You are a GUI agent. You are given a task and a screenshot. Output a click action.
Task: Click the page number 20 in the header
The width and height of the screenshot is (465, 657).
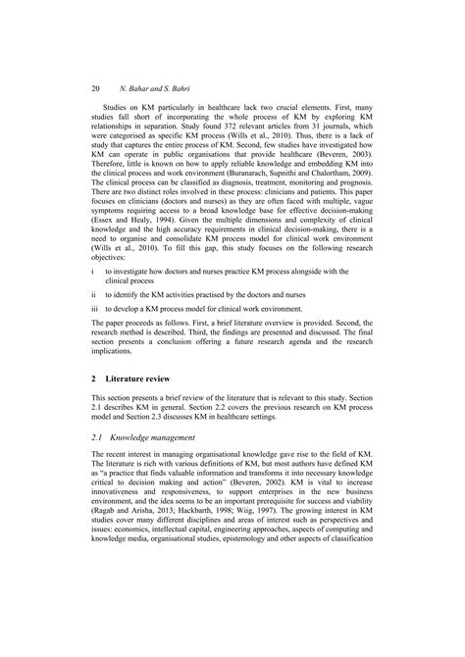(x=95, y=86)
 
